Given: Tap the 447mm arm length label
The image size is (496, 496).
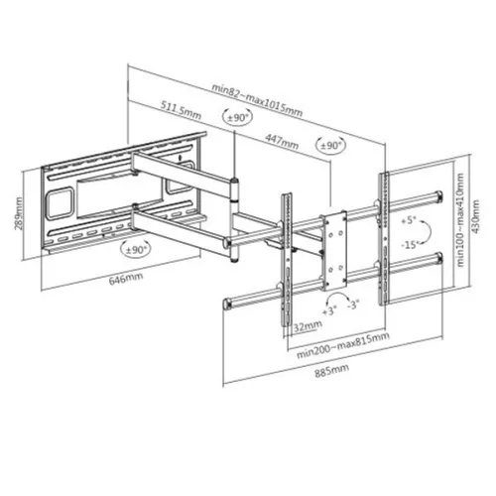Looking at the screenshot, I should (x=282, y=141).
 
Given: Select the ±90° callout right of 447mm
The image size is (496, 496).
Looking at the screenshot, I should (x=329, y=146).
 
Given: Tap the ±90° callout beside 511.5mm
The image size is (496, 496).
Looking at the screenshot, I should (x=237, y=117).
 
